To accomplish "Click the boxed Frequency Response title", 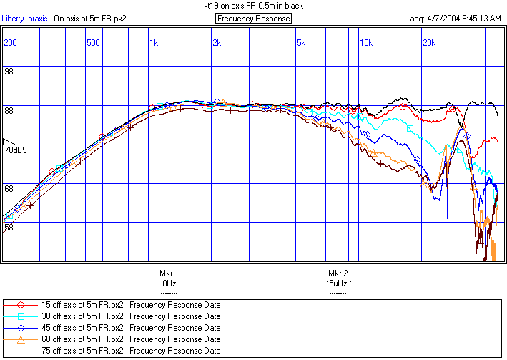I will pos(253,18).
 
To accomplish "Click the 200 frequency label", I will pos(10,43).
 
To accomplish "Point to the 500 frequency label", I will pos(92,43).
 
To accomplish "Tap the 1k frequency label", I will pos(154,43).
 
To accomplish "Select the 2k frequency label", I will pos(217,43).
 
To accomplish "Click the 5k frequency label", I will pos(301,43).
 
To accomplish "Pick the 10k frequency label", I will pos(365,43).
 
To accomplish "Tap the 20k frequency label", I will pos(429,43).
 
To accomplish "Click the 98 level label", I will pos(9,72).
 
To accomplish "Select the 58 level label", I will pos(9,227).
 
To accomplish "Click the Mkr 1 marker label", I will pos(169,273).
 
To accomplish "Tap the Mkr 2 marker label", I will pos(338,273).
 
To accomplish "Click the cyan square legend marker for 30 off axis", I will pos(21,316).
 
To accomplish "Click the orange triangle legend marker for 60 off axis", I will pos(21,339).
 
